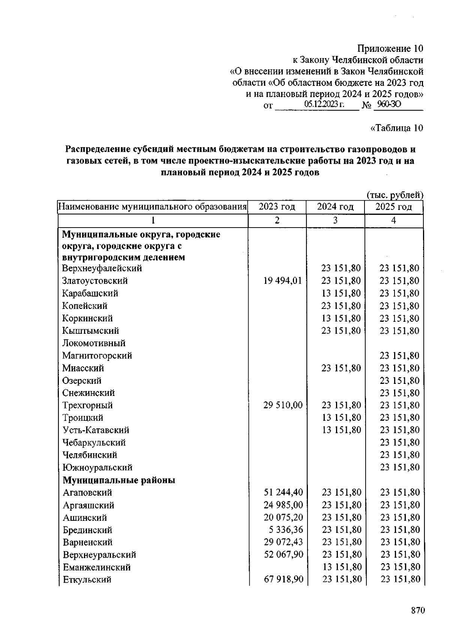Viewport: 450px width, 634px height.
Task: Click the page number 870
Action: (418, 611)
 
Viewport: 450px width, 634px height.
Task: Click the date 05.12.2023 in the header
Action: (324, 104)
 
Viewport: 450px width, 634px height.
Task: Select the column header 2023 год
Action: (277, 207)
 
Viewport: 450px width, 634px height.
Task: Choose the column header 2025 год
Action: (393, 207)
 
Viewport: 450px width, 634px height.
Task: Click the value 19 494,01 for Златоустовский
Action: (282, 281)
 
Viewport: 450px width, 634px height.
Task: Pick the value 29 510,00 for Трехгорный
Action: (283, 405)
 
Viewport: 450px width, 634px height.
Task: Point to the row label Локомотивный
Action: (94, 343)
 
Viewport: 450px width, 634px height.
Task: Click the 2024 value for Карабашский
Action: (341, 293)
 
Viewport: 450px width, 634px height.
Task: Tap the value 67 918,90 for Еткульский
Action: (283, 579)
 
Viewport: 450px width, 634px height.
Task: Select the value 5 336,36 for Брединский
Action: (287, 530)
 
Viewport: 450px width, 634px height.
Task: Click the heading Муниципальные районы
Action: (119, 480)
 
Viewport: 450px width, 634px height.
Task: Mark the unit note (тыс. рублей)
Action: (394, 195)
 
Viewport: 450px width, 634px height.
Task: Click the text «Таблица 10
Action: (396, 128)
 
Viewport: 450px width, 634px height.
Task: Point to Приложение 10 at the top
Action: (390, 48)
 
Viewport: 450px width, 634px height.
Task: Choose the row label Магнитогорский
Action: (97, 355)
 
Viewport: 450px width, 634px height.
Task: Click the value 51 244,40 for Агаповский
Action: (283, 492)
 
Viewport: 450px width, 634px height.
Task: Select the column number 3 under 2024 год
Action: (335, 220)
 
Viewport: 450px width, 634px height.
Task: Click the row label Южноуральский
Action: (97, 468)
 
